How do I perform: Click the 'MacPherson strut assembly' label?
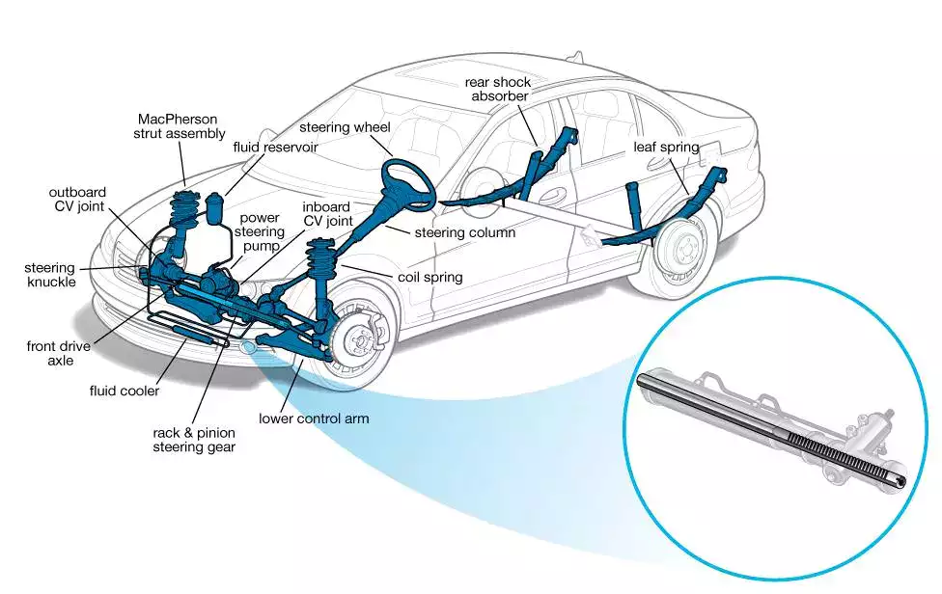tap(179, 126)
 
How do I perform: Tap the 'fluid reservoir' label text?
tap(275, 148)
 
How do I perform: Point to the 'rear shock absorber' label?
tap(498, 89)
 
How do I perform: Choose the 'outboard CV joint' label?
tap(78, 200)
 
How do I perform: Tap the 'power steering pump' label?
tap(261, 231)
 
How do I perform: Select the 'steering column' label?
tap(464, 232)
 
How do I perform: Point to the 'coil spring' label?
tap(430, 277)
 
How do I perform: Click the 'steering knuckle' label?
tap(50, 275)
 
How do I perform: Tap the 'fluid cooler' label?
tap(124, 391)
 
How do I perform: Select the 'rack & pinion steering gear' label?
tap(193, 440)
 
